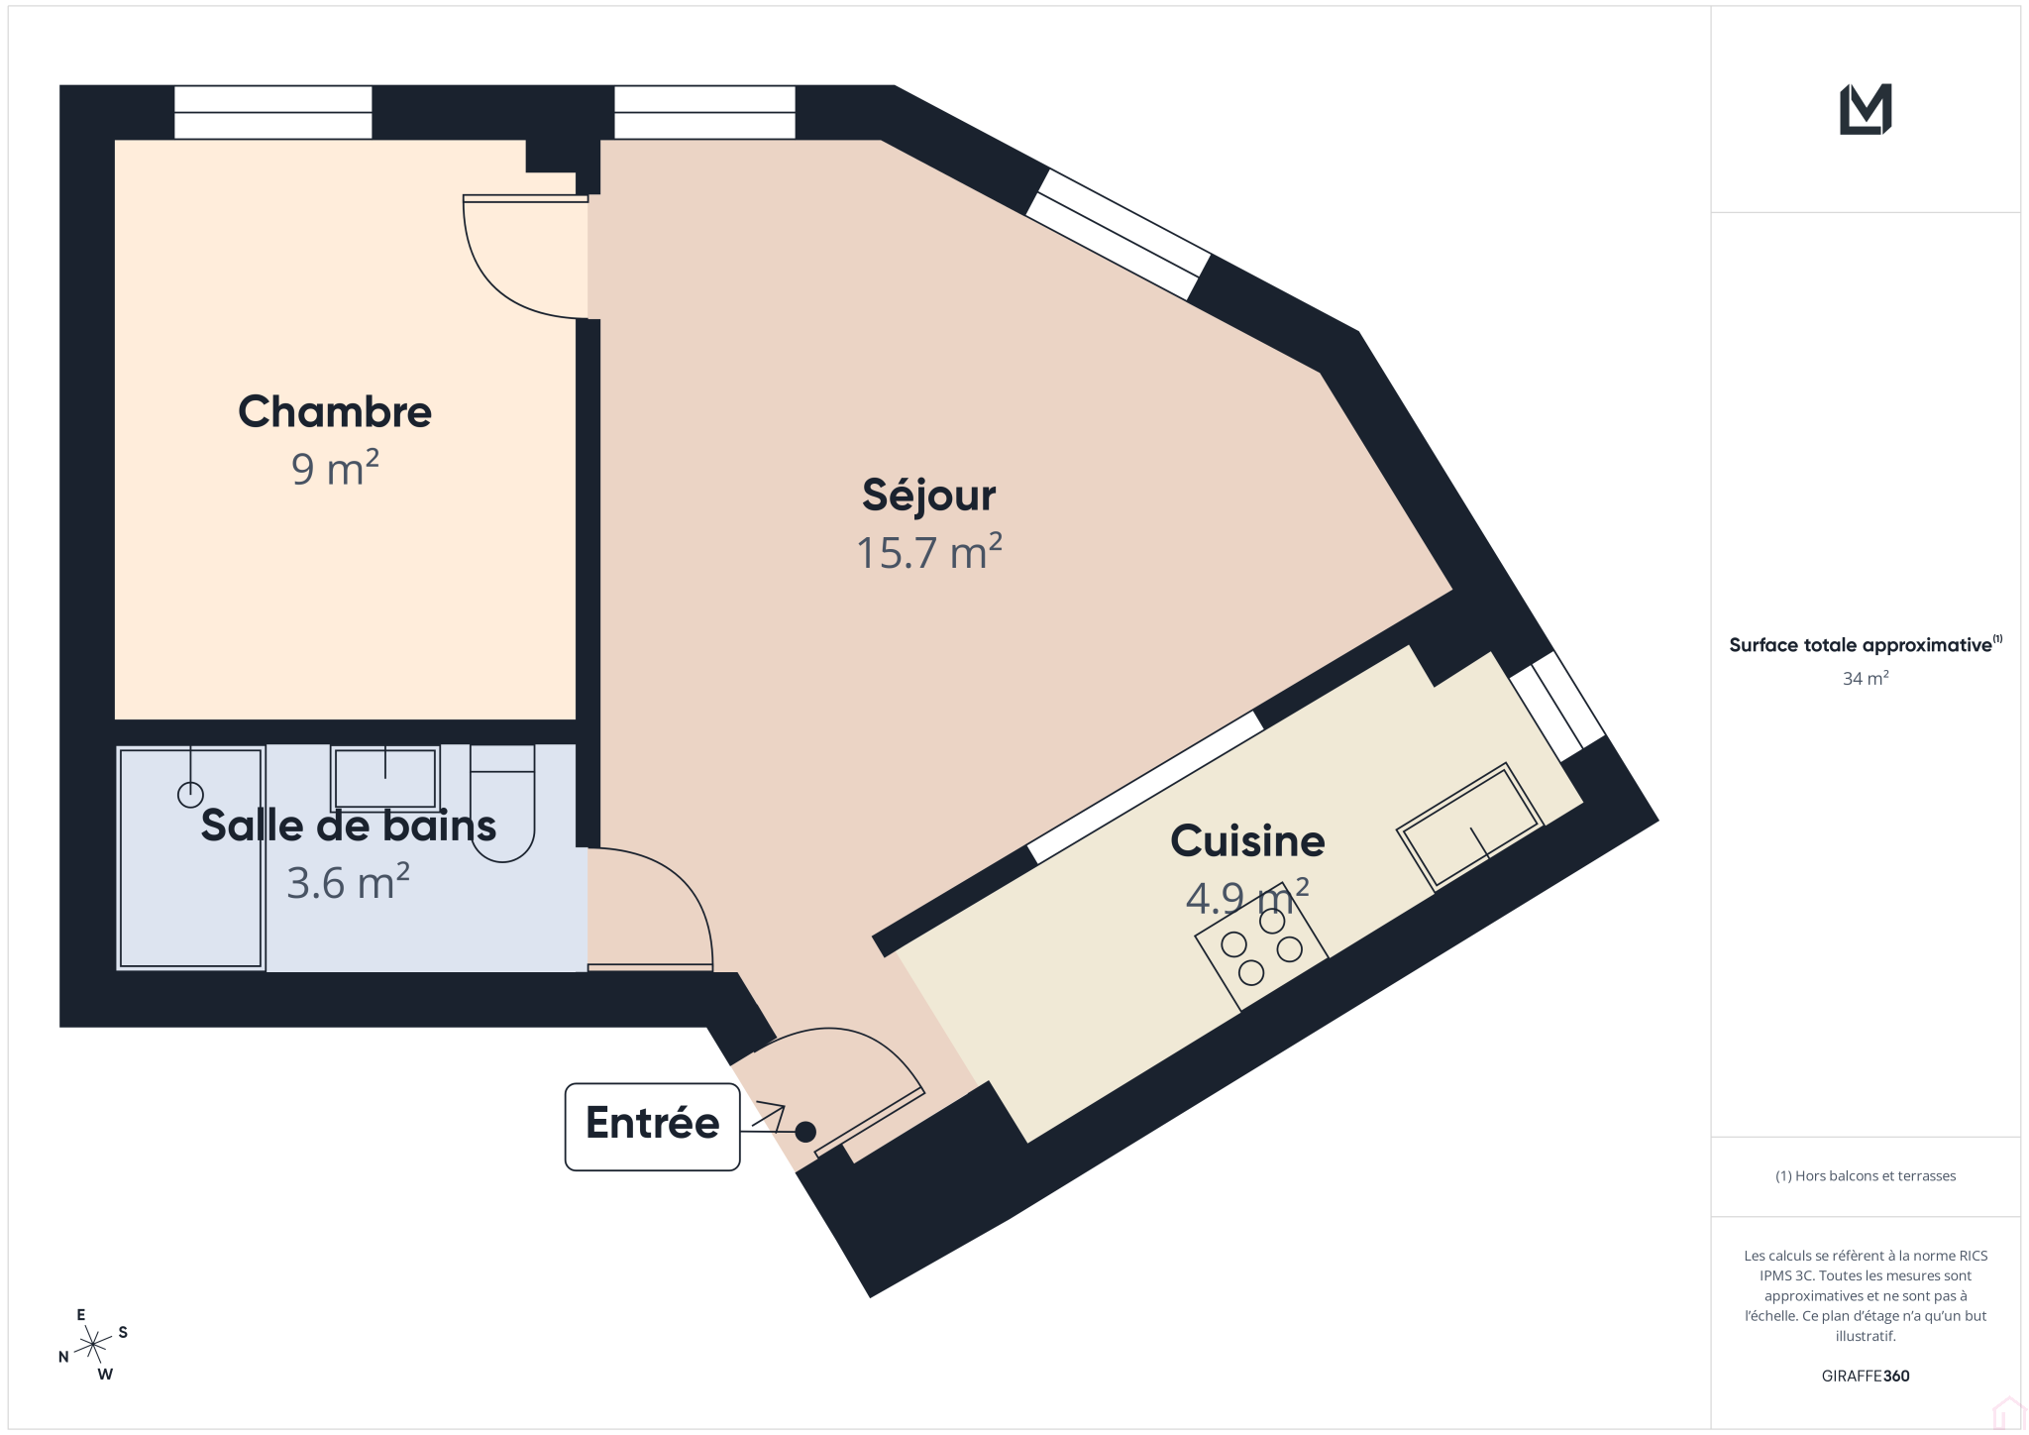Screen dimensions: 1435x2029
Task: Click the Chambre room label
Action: [335, 412]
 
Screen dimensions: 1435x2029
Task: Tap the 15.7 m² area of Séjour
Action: [929, 553]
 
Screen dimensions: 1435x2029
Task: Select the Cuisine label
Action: [1247, 841]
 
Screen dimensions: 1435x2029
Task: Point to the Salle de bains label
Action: [348, 826]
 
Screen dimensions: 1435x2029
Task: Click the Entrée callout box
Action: [652, 1126]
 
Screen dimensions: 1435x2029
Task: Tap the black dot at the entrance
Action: [805, 1131]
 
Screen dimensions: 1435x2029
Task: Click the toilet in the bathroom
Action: [502, 802]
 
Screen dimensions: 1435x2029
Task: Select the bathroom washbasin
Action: [385, 779]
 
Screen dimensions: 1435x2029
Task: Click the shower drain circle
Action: [190, 794]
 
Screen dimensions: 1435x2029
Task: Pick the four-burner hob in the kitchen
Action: [1261, 946]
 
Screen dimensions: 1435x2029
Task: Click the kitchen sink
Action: [1471, 827]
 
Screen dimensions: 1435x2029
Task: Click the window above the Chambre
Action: [273, 112]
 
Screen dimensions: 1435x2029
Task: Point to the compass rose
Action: [93, 1345]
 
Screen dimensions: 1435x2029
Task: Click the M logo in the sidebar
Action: [1866, 109]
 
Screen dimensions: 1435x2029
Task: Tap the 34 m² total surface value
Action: [1866, 679]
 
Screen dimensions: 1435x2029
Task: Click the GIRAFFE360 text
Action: [1866, 1376]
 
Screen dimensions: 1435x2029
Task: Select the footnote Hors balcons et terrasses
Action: [1866, 1176]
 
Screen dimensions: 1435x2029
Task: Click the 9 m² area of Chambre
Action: [335, 468]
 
